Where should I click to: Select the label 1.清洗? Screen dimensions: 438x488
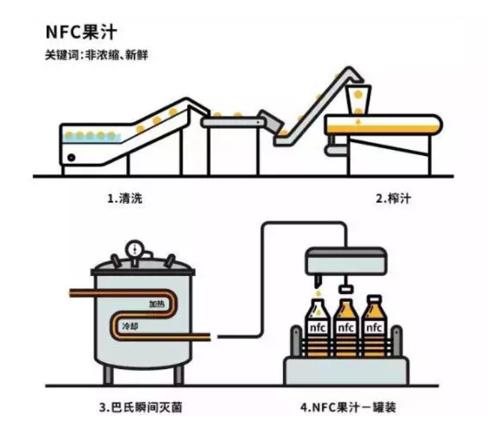(125, 198)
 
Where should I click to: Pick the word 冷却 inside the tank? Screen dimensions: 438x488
(130, 327)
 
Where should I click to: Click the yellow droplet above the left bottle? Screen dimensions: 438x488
(317, 293)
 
